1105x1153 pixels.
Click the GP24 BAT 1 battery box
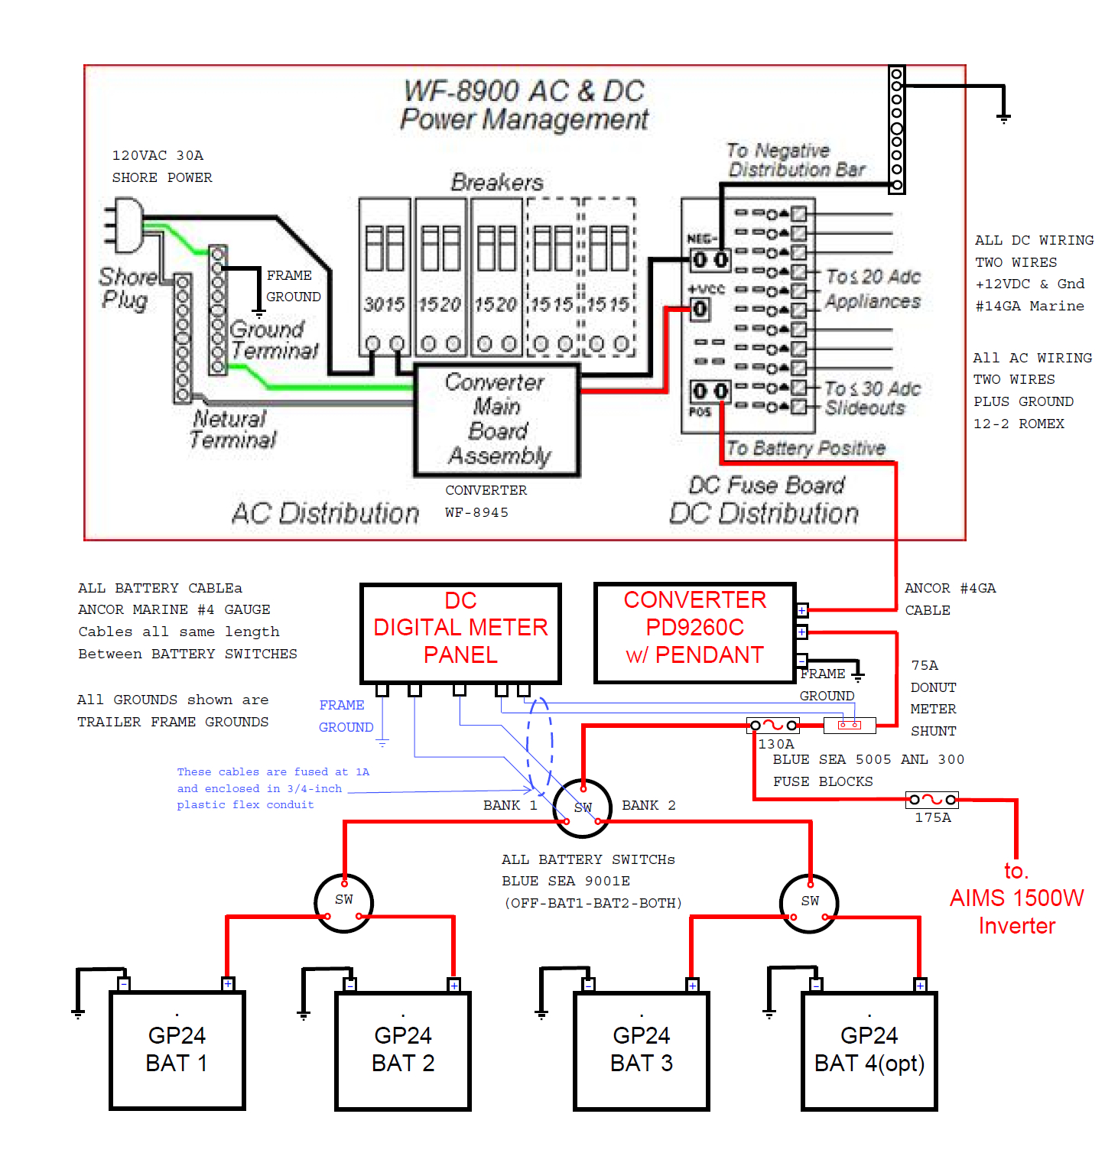(177, 1050)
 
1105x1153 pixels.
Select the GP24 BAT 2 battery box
(403, 1050)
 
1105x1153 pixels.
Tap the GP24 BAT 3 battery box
(641, 1050)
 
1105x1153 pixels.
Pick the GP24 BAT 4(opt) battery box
(869, 1050)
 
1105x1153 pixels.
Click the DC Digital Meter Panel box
(460, 633)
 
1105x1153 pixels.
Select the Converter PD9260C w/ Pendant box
(694, 633)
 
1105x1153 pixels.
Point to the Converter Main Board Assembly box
(497, 420)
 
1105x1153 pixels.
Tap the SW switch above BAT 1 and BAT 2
(344, 902)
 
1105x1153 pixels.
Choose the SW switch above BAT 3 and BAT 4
(809, 903)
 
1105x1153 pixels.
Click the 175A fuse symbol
(931, 800)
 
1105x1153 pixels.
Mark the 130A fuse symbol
(773, 725)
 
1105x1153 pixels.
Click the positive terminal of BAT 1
(228, 984)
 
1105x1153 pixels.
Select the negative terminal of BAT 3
(588, 985)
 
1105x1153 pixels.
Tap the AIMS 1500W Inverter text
(1016, 898)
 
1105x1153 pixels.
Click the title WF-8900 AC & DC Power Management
(524, 105)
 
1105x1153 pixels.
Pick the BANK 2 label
(648, 805)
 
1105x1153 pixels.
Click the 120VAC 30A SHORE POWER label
(161, 166)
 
